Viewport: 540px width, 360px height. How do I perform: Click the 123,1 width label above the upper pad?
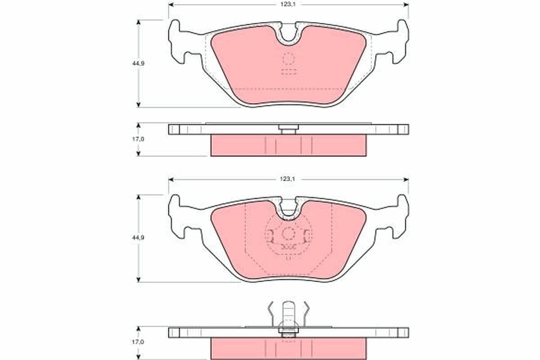pyautogui.click(x=288, y=4)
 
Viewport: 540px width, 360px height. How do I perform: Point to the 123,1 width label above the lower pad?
pyautogui.click(x=288, y=179)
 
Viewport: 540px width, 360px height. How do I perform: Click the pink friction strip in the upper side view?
pyautogui.click(x=288, y=145)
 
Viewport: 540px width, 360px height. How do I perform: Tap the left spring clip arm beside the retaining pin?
pyautogui.click(x=270, y=313)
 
